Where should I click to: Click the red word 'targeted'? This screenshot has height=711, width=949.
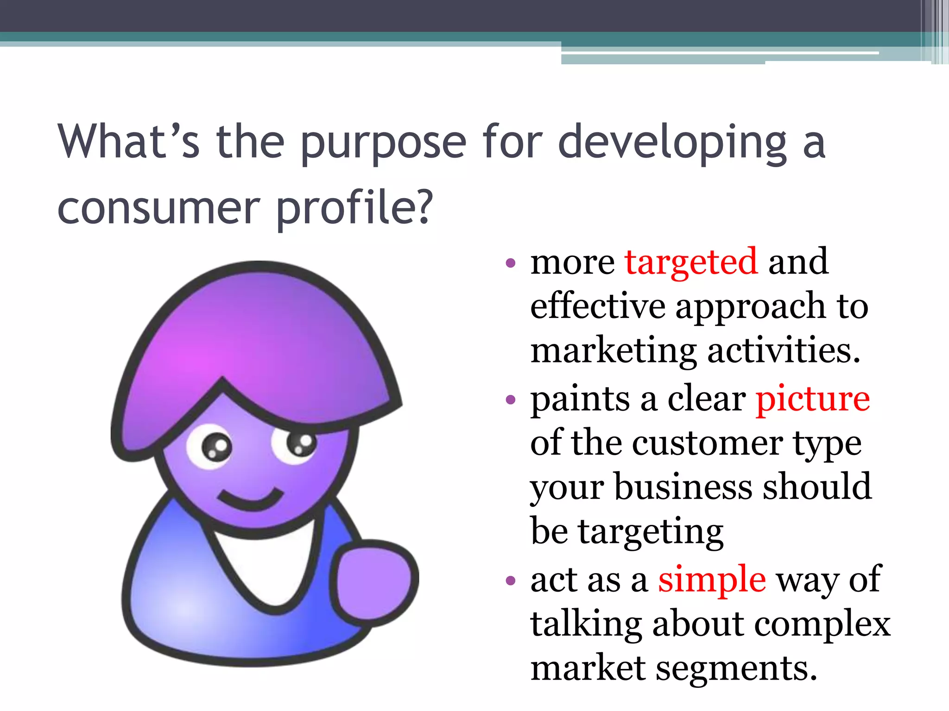[691, 262]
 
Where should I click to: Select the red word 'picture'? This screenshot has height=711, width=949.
[813, 399]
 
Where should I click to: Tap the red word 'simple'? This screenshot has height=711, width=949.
[712, 580]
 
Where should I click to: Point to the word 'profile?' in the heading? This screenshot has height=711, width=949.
[354, 208]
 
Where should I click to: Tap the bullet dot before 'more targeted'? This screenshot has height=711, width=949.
[511, 264]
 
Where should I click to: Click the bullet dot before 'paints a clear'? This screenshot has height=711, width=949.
[511, 400]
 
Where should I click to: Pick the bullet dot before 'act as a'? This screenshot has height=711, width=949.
[511, 580]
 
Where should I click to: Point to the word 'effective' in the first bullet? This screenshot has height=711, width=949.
[597, 306]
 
